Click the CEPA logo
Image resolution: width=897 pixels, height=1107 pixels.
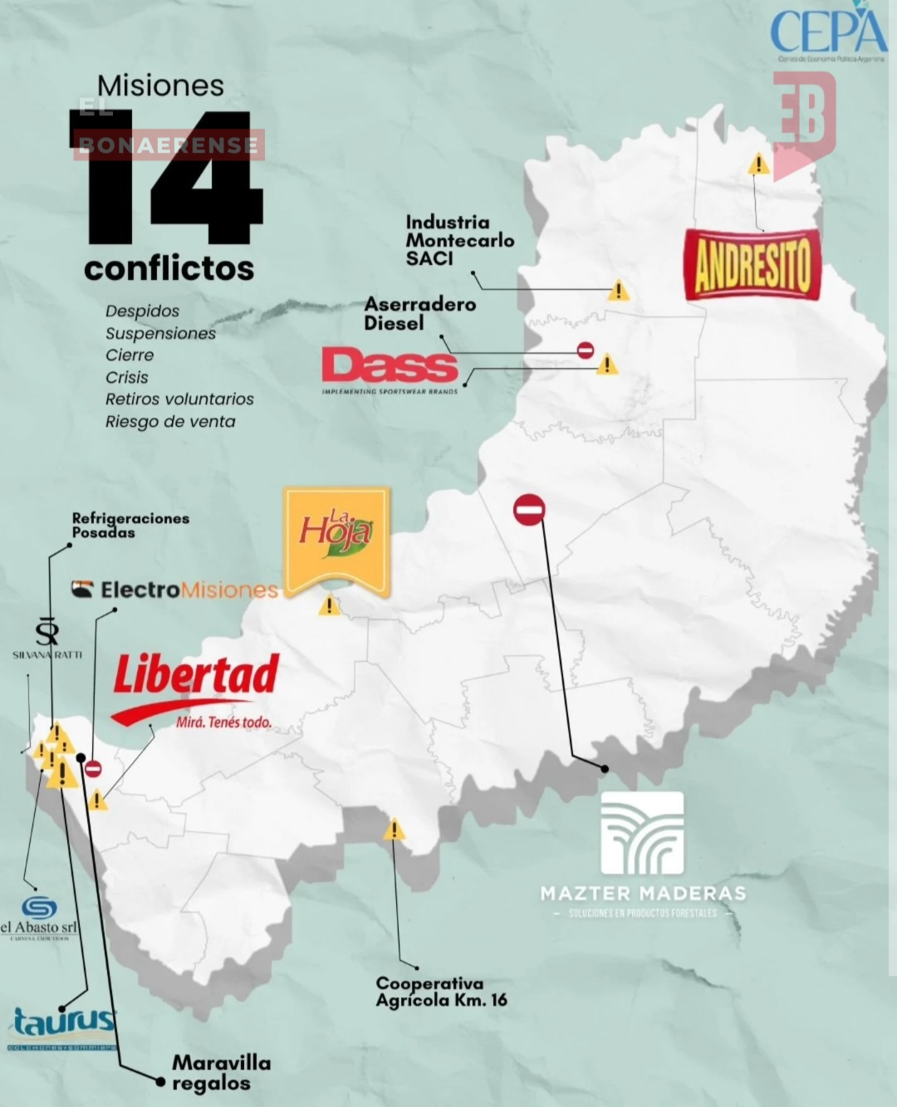pyautogui.click(x=827, y=33)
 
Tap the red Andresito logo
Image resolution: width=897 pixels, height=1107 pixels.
pyautogui.click(x=752, y=264)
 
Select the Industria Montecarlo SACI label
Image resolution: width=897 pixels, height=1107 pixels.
pyautogui.click(x=459, y=241)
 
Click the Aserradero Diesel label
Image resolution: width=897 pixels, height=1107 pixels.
pyautogui.click(x=419, y=314)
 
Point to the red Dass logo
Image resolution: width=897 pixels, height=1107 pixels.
pyautogui.click(x=390, y=367)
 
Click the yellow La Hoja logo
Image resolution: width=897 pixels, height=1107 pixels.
pyautogui.click(x=336, y=540)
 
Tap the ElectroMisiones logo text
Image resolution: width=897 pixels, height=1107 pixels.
pyautogui.click(x=175, y=590)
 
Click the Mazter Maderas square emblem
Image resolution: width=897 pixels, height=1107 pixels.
pyautogui.click(x=642, y=833)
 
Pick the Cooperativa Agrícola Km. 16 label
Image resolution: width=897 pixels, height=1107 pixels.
pyautogui.click(x=441, y=992)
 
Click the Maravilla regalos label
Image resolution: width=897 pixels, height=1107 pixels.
pyautogui.click(x=221, y=1073)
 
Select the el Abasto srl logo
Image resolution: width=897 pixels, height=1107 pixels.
pyautogui.click(x=39, y=918)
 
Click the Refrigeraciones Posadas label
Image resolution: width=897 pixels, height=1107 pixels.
pyautogui.click(x=130, y=525)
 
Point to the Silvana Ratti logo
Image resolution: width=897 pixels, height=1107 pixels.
pyautogui.click(x=47, y=638)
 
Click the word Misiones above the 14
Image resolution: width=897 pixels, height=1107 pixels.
pyautogui.click(x=160, y=86)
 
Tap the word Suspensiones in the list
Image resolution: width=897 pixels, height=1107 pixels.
pyautogui.click(x=160, y=333)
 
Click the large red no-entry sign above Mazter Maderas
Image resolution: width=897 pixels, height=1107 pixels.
pyautogui.click(x=529, y=509)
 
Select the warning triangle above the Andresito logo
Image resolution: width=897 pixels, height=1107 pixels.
pyautogui.click(x=758, y=164)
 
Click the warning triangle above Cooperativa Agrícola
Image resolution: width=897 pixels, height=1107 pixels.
pyautogui.click(x=394, y=830)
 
